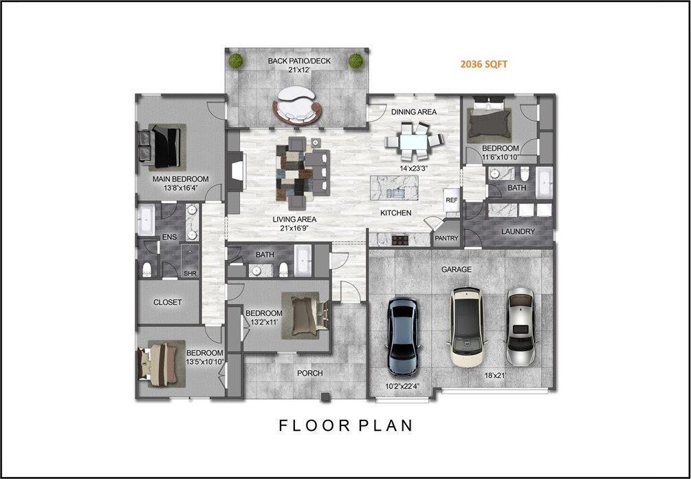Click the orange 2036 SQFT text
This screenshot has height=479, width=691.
pos(484,65)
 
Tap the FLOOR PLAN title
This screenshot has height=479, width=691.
pos(346,425)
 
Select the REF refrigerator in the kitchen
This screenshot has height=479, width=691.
pos(452,200)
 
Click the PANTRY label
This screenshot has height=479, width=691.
pos(446,238)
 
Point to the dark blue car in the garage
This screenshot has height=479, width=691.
pos(403,336)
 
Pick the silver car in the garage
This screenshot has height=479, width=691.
pos(520,327)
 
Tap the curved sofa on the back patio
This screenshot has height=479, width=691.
pos(296,106)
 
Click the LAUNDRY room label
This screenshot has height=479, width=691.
pos(518,231)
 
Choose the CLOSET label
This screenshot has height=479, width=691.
pos(168,303)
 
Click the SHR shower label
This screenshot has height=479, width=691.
pos(190,274)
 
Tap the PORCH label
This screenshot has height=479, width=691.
pos(310,373)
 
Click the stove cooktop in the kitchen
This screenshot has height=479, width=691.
pos(400,240)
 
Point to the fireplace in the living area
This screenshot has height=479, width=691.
pos(237,173)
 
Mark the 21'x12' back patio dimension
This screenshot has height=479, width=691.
pos(299,70)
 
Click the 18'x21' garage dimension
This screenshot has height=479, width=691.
pos(494,376)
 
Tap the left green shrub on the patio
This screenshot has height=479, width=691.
pos(237,61)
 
